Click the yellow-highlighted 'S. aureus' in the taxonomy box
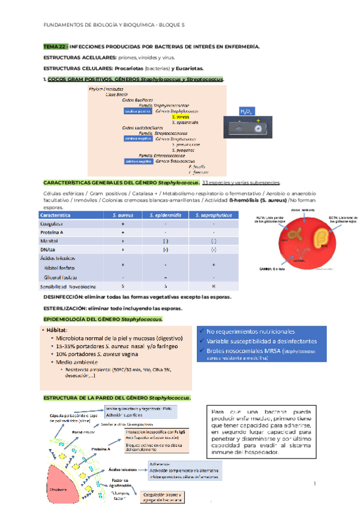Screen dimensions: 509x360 click(x=181, y=116)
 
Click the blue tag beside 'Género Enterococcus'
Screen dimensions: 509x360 click(x=137, y=161)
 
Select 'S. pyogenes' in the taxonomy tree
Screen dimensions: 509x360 click(x=186, y=149)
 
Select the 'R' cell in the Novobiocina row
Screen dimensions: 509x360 click(x=213, y=287)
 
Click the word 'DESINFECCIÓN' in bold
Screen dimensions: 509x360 click(x=68, y=297)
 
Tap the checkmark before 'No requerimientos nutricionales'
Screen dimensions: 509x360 click(x=200, y=331)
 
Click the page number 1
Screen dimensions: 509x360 click(x=314, y=483)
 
